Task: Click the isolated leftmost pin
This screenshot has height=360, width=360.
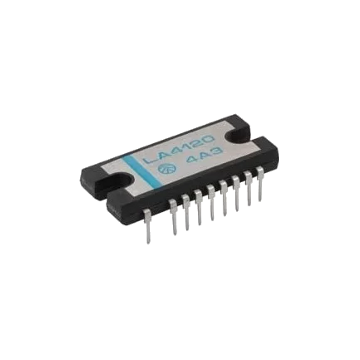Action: click(x=147, y=226)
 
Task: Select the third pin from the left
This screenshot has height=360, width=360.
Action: click(x=186, y=212)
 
